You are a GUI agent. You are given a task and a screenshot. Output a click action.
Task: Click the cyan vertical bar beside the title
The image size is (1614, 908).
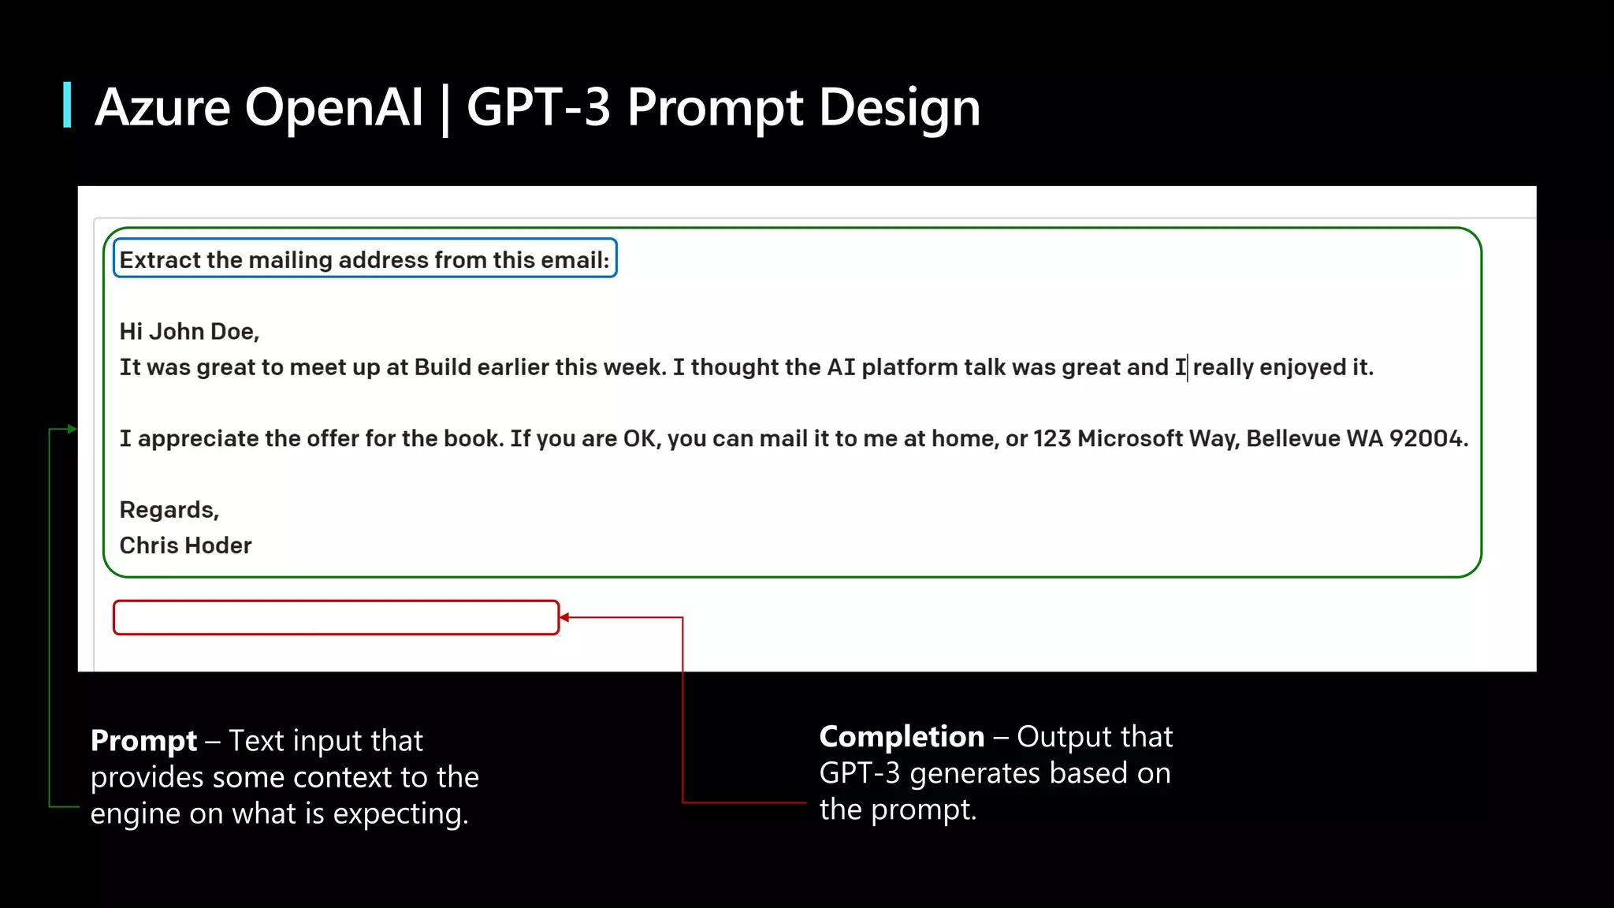coord(67,105)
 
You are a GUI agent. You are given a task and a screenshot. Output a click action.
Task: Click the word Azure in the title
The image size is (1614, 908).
coord(162,107)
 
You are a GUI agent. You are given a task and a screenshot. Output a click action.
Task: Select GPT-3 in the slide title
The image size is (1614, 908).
coord(538,107)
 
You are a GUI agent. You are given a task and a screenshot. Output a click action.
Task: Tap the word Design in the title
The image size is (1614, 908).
coord(899,107)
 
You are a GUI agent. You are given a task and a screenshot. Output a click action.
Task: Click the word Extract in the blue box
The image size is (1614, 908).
coord(160,260)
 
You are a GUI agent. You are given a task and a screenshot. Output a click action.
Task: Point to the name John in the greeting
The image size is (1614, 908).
coord(177,332)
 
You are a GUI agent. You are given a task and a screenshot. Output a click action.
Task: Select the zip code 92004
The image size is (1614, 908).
coord(1427,438)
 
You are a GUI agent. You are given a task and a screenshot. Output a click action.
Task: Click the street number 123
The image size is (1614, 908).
coord(1052,438)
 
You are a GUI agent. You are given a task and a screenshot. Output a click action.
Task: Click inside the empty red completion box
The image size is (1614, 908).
coord(336,618)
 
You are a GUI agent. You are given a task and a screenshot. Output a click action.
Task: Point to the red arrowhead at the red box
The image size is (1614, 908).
coord(564,618)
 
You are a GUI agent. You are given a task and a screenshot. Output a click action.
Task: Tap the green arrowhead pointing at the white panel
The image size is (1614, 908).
coord(72,429)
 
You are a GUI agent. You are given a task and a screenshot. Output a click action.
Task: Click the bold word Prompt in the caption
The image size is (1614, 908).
coord(143,741)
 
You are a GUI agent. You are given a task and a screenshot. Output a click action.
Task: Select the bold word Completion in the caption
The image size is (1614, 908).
coord(902,737)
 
